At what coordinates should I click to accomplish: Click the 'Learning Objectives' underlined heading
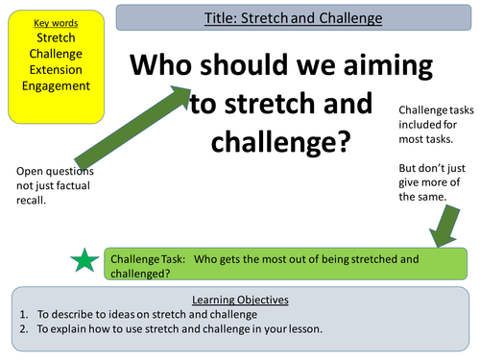[239, 300]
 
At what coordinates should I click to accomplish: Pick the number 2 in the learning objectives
[20, 329]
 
